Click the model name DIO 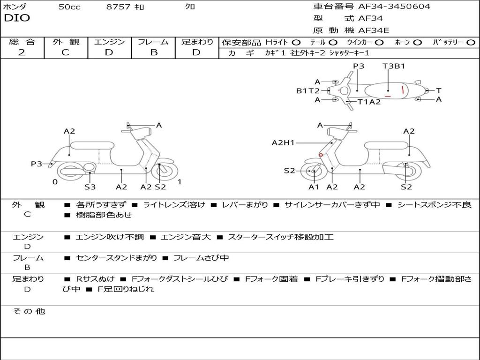pos(17,18)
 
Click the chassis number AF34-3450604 pos(394,7)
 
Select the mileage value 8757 pos(118,7)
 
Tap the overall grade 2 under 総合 pos(22,52)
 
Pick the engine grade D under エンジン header pos(109,52)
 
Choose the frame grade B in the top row pos(154,52)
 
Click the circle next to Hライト pos(296,43)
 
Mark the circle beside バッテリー pos(471,43)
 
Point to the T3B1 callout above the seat pos(394,66)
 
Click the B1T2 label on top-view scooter pos(307,91)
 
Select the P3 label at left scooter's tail pos(37,164)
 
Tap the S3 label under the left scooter pos(90,187)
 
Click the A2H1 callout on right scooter pos(283,142)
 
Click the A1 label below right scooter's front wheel pos(314,187)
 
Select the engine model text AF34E pos(374,30)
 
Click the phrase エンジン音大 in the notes pos(186,237)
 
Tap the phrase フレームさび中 pos(201,258)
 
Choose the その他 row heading pos(29,311)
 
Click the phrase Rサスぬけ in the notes pos(95,279)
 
